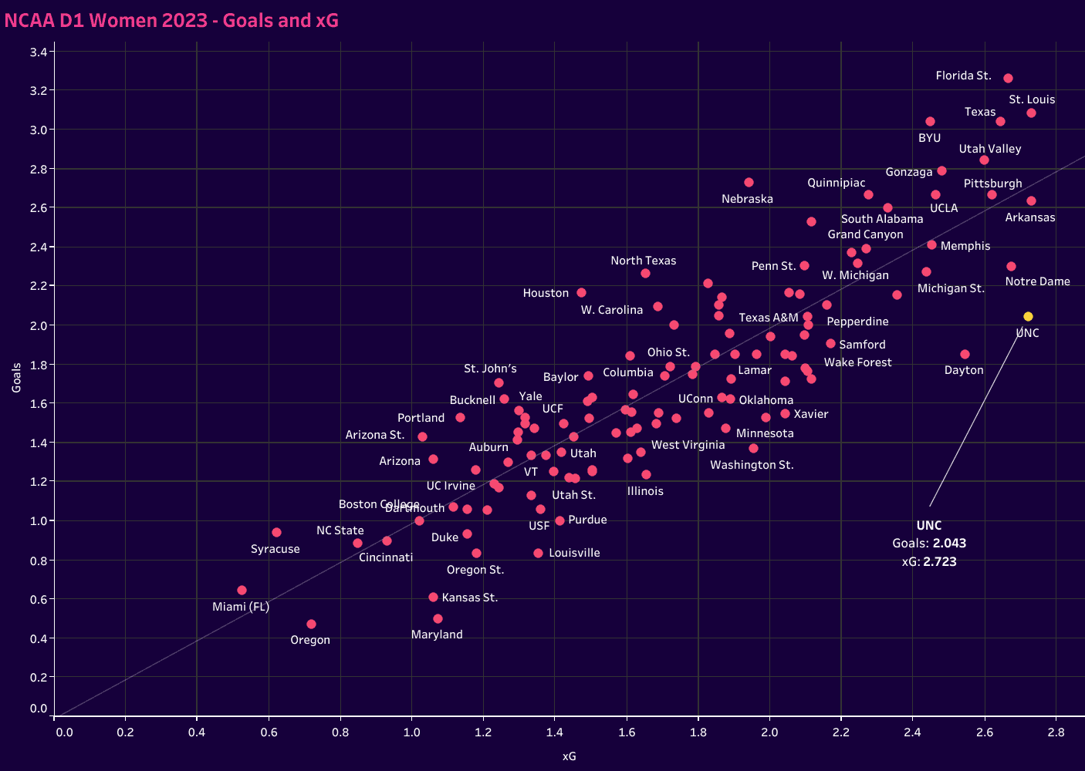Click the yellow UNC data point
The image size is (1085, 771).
(1028, 317)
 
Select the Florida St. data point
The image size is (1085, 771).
(1008, 79)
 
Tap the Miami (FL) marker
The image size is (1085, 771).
(242, 591)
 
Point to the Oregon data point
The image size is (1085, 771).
(311, 625)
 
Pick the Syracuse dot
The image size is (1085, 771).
(276, 533)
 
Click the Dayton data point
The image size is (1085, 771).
(965, 355)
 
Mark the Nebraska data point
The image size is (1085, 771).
(749, 183)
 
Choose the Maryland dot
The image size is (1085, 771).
(438, 619)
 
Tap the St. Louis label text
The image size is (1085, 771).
(1032, 99)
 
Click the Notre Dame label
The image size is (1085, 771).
(1037, 281)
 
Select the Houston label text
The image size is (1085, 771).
(546, 293)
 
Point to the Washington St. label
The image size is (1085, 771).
(752, 465)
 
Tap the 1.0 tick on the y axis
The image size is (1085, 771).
(39, 521)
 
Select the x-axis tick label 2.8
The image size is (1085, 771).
(1056, 732)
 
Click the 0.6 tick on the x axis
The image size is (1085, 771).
(269, 732)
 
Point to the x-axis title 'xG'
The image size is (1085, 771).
(569, 756)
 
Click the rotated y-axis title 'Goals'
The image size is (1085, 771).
(16, 379)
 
